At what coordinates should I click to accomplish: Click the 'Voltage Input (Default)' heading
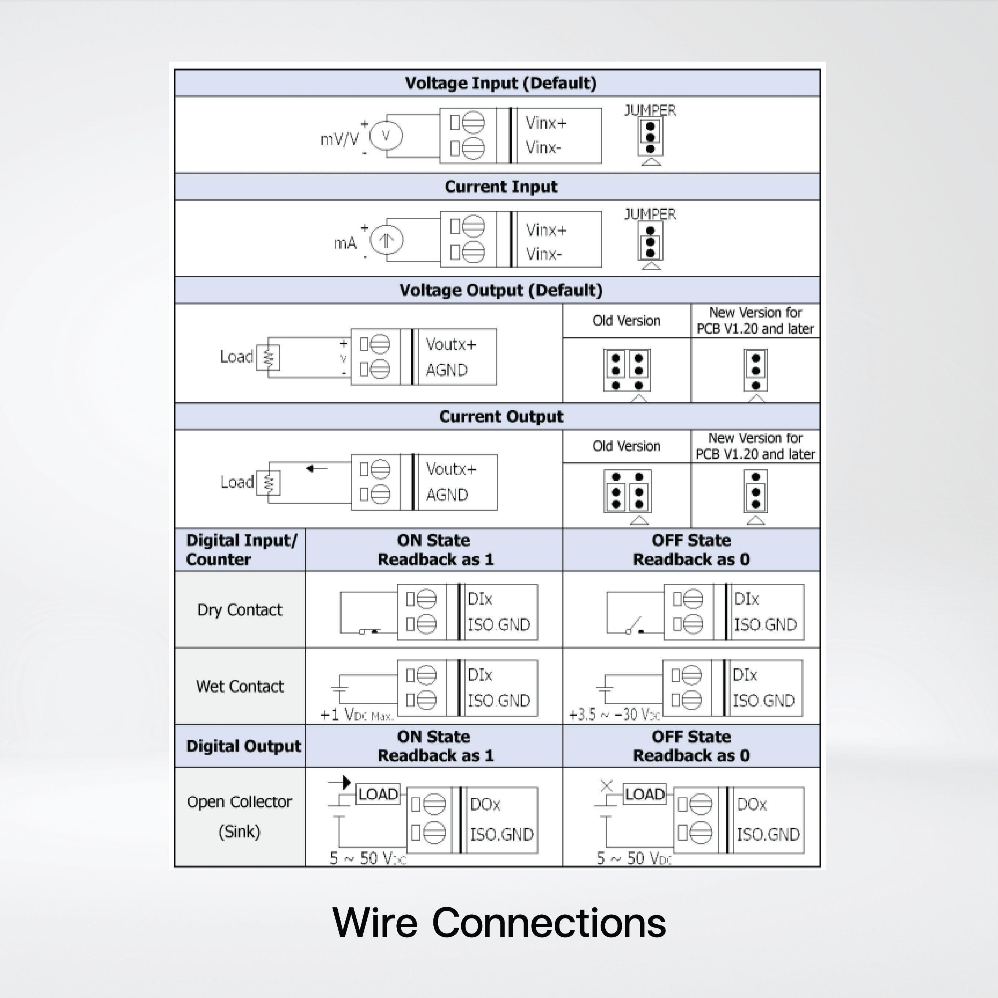point(500,83)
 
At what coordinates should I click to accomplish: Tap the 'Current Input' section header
point(500,187)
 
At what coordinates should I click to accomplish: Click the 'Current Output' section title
point(500,417)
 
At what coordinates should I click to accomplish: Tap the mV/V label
point(339,139)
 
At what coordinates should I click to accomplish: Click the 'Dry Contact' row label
point(240,610)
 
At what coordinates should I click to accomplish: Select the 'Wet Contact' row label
point(240,686)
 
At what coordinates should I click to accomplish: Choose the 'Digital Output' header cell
point(243,746)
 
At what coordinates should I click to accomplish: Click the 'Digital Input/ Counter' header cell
point(241,550)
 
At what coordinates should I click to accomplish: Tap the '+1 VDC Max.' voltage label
point(356,715)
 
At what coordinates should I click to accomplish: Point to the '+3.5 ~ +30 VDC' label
point(614,715)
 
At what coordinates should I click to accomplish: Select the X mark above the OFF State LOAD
point(606,786)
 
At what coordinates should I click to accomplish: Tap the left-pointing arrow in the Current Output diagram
point(316,469)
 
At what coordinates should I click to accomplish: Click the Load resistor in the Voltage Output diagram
point(268,357)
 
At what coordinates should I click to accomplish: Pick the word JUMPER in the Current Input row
point(650,214)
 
